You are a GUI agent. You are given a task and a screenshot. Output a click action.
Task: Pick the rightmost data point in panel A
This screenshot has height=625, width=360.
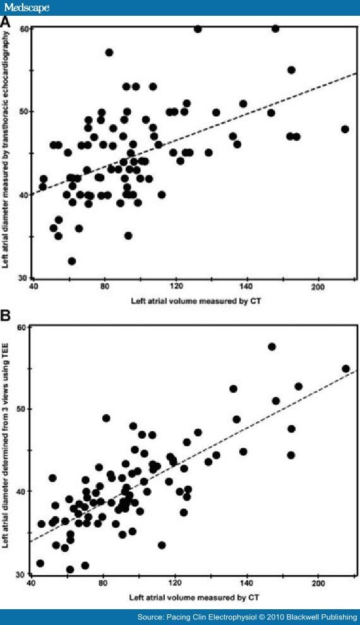345,129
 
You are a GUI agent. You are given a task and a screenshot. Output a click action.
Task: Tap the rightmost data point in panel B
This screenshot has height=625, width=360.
345,369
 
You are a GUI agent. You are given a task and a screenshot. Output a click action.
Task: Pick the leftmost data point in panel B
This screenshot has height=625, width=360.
40,563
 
